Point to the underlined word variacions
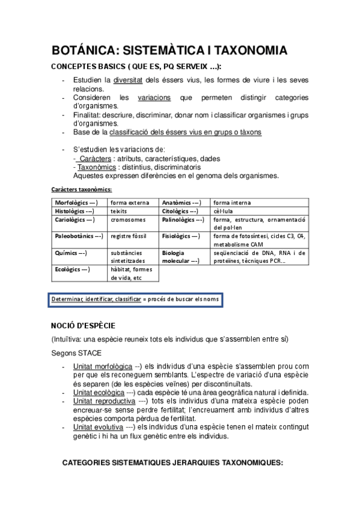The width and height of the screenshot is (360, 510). [154, 97]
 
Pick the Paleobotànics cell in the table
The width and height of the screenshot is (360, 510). [79, 236]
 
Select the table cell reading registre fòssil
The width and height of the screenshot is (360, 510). [129, 236]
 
